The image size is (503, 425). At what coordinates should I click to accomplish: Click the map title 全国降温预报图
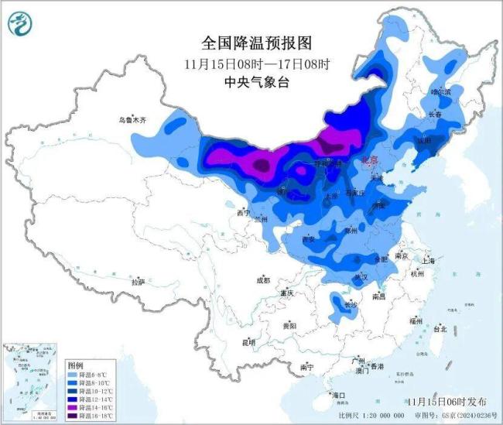(248, 43)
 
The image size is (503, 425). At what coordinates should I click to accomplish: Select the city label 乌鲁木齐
(132, 120)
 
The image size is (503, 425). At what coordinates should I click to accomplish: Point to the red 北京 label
(371, 160)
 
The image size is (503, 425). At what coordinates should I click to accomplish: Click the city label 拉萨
(139, 283)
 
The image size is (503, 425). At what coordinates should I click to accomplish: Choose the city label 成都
(262, 280)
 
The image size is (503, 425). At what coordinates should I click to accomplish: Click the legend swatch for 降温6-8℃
(76, 374)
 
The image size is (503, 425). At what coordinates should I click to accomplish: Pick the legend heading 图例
(75, 364)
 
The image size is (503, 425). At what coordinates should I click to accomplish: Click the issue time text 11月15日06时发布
(447, 402)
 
